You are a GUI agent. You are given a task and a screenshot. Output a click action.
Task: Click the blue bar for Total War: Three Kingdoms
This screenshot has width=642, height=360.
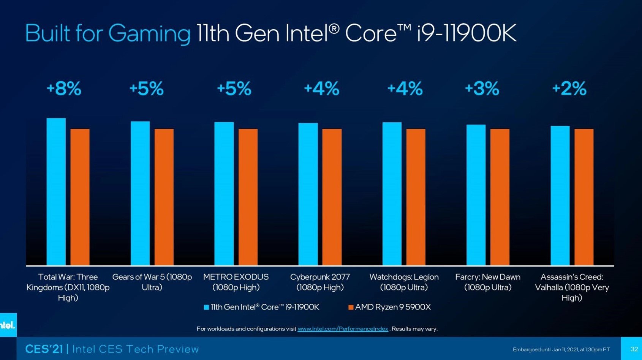(56, 192)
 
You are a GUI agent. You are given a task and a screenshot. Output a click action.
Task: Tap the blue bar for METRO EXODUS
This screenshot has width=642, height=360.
(224, 194)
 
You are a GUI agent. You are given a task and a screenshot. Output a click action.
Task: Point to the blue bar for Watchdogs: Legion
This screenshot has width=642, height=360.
(392, 194)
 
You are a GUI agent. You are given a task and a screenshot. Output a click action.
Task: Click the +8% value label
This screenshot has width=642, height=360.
(64, 88)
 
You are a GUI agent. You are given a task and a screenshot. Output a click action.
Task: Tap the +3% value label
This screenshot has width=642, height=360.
(482, 88)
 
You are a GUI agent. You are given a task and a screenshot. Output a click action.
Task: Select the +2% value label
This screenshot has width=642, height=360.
(569, 88)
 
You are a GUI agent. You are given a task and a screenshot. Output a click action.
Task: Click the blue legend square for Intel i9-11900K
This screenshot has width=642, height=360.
(206, 307)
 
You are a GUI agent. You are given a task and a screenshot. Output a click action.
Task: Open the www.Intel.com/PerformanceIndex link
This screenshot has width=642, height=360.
(343, 329)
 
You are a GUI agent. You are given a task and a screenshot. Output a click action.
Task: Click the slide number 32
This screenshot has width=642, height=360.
(634, 349)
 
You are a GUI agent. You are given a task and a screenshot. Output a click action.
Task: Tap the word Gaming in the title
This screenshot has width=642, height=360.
(149, 34)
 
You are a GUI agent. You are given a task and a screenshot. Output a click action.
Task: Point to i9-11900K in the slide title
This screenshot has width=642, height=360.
(466, 33)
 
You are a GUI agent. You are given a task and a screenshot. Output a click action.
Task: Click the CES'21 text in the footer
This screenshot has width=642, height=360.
(44, 349)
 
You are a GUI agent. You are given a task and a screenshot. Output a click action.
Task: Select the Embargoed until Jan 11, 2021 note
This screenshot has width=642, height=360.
(561, 349)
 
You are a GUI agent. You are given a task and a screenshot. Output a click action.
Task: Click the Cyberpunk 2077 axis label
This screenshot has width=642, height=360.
(320, 282)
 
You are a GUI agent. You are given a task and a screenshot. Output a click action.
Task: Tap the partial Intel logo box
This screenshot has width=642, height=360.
(8, 325)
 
